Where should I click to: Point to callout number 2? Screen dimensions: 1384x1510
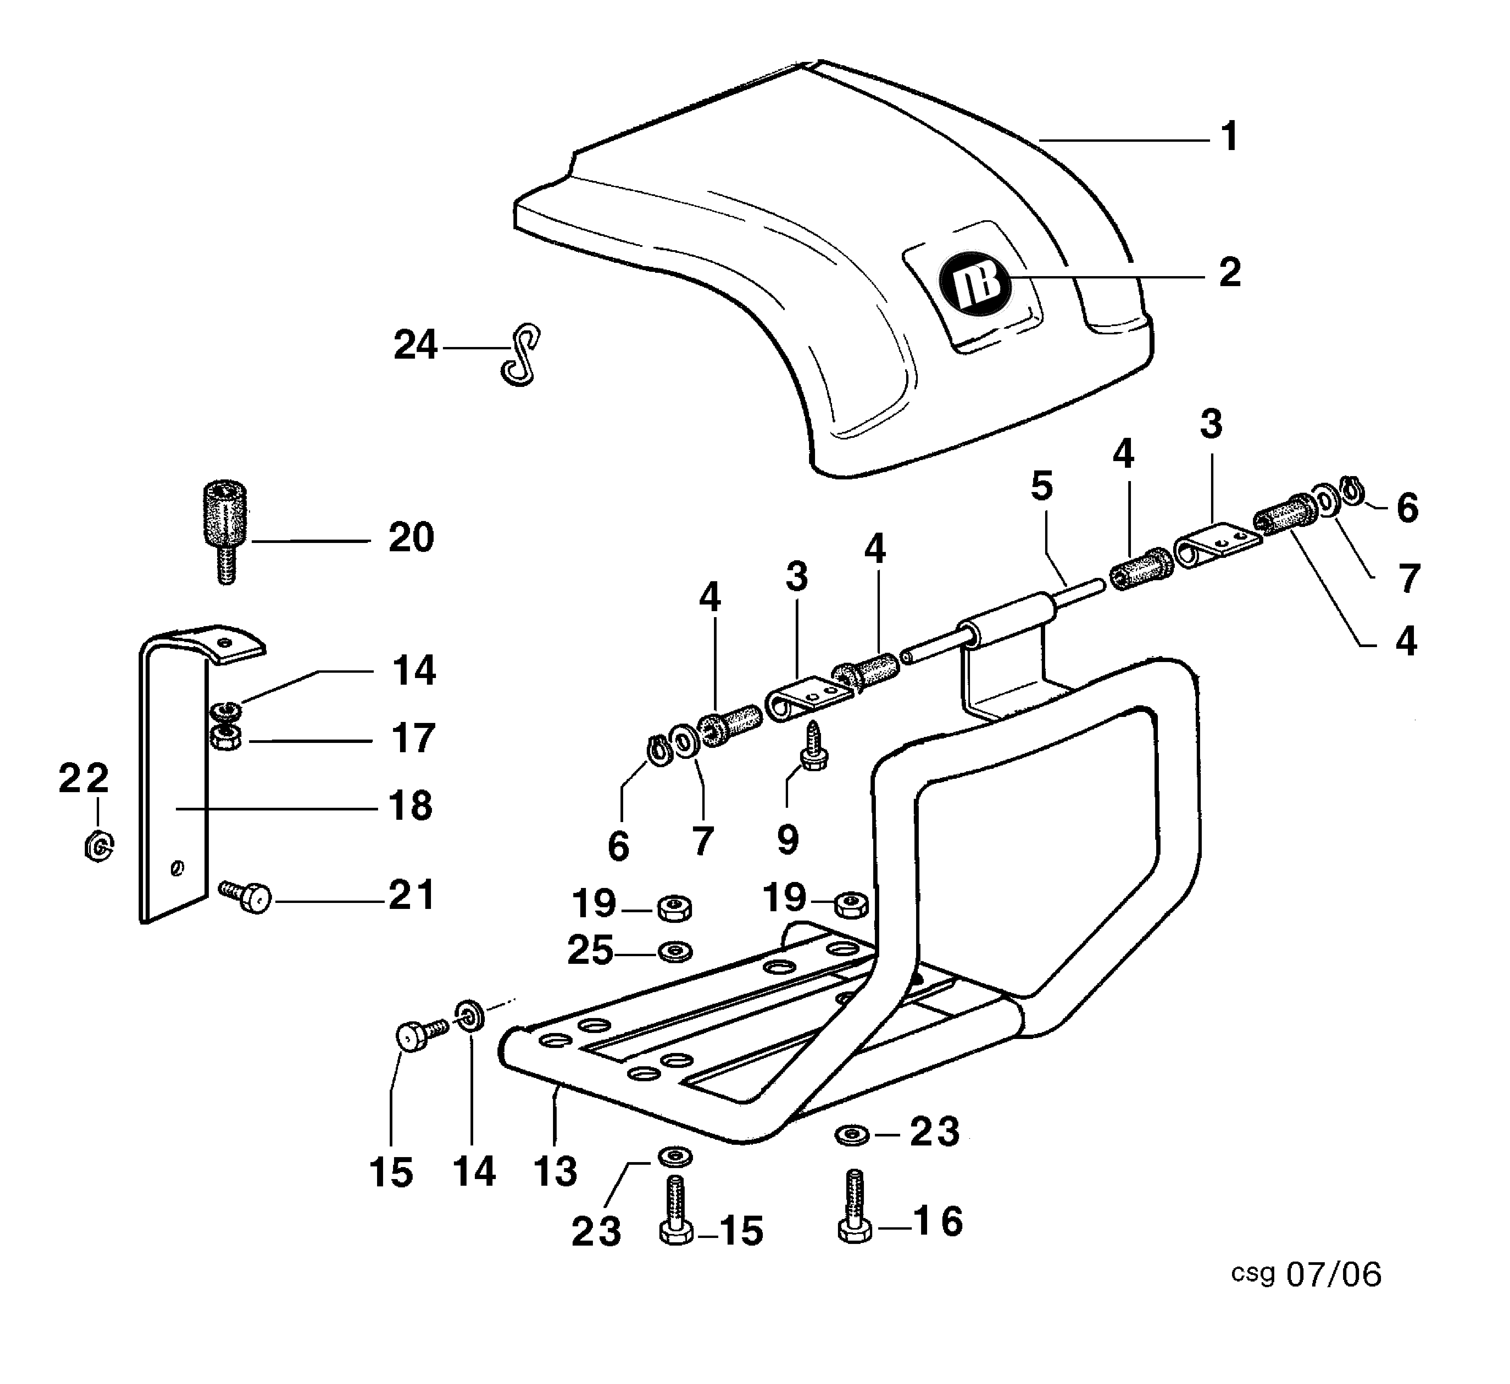pyautogui.click(x=1229, y=273)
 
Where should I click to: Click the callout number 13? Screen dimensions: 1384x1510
pyautogui.click(x=556, y=1171)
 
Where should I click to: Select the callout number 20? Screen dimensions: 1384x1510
pyautogui.click(x=411, y=538)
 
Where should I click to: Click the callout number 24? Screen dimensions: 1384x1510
pyautogui.click(x=415, y=346)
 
